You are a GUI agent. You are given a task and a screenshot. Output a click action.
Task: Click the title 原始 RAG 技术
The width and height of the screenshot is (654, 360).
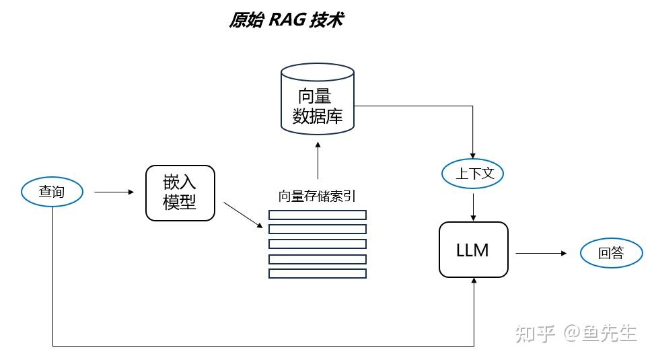pyautogui.click(x=286, y=20)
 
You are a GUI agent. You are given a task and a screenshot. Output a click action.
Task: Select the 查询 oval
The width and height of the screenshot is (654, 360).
pyautogui.click(x=52, y=192)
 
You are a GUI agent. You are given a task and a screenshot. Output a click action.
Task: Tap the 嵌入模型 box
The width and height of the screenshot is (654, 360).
pyautogui.click(x=180, y=193)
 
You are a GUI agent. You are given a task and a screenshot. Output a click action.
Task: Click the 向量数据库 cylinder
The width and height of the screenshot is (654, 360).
pyautogui.click(x=318, y=101)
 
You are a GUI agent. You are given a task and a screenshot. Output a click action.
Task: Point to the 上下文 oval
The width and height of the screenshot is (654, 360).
pyautogui.click(x=473, y=174)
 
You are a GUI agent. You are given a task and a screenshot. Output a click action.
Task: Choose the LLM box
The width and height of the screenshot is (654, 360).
pyautogui.click(x=473, y=250)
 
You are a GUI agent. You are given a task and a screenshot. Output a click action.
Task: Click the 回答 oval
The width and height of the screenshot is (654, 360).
pyautogui.click(x=611, y=253)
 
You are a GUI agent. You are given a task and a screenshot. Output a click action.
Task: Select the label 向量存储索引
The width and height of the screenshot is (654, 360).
pyautogui.click(x=317, y=196)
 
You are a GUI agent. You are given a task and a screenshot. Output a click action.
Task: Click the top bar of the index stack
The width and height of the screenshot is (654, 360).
pyautogui.click(x=318, y=215)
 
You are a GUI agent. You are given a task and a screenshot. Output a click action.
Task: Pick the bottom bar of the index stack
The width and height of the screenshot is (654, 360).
pyautogui.click(x=318, y=273)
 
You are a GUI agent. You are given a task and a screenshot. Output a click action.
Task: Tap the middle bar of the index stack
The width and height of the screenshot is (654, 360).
pyautogui.click(x=318, y=244)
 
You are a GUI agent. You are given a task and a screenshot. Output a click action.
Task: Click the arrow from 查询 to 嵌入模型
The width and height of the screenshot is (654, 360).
pyautogui.click(x=114, y=192)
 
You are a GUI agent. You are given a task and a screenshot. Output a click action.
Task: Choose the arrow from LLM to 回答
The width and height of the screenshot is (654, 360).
pyautogui.click(x=542, y=253)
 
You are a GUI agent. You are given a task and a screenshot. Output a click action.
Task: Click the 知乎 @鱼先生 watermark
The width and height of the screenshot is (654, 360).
pyautogui.click(x=575, y=332)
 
